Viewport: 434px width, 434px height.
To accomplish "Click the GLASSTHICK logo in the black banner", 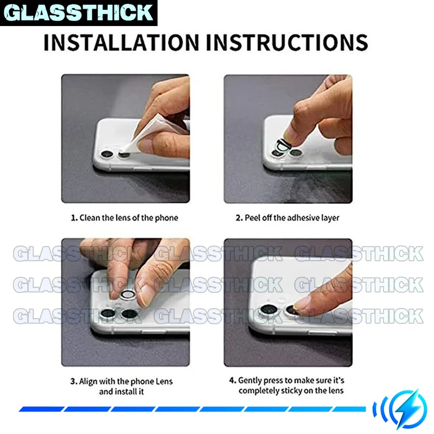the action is pos(79,12).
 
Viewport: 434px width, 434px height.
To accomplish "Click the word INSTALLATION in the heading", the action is pos(121,42).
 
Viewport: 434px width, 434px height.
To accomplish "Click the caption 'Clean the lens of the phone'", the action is pos(129,218).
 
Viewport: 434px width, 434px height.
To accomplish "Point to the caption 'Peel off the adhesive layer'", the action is pos(292,218).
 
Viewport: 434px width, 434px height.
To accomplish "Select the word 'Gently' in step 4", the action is pos(250,381).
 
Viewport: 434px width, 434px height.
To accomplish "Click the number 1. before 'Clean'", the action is pos(74,218).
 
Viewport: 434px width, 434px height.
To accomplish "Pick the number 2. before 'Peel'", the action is pos(239,218).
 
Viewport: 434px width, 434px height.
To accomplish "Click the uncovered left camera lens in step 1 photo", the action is pos(106,154).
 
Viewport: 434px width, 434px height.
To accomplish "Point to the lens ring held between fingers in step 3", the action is pos(128,295).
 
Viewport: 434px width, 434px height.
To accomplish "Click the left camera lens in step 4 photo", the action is pos(269,309).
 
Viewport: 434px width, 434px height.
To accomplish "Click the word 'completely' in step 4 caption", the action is pos(259,391).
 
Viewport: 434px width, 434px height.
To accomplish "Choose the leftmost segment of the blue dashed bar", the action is pos(42,409).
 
